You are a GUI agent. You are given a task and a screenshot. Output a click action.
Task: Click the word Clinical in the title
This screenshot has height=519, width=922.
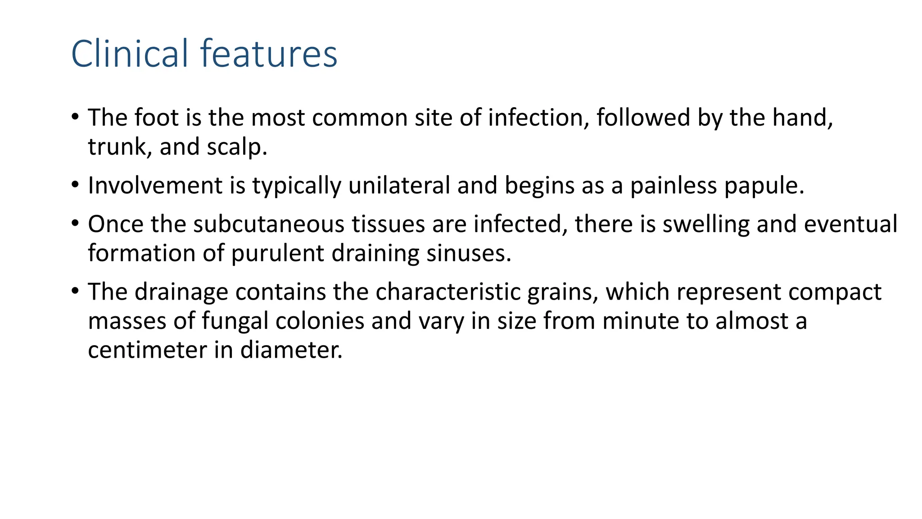(x=129, y=54)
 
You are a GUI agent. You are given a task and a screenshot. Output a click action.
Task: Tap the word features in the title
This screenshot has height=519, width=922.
(x=269, y=54)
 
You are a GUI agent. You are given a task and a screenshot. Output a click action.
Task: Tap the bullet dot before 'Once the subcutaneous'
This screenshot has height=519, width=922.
(x=75, y=223)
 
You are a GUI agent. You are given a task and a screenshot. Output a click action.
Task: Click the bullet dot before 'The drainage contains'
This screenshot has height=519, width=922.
(x=75, y=291)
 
